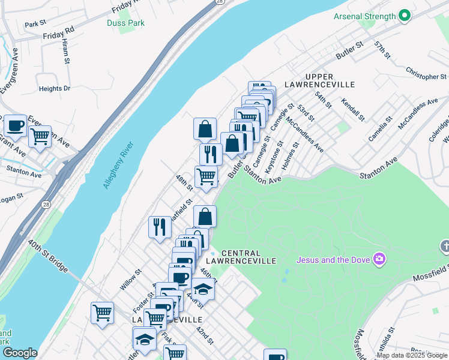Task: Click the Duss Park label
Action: pyautogui.click(x=125, y=23)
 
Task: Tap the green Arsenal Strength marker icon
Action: pyautogui.click(x=405, y=16)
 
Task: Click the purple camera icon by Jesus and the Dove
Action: pyautogui.click(x=379, y=259)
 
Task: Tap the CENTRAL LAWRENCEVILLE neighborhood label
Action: pyautogui.click(x=249, y=257)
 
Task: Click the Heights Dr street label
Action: pyautogui.click(x=55, y=89)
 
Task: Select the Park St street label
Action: pyautogui.click(x=35, y=24)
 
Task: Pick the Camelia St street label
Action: pyautogui.click(x=381, y=128)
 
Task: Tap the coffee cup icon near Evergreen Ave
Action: pyautogui.click(x=15, y=126)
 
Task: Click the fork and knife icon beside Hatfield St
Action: pyautogui.click(x=160, y=226)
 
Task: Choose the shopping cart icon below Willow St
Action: pyautogui.click(x=102, y=313)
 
